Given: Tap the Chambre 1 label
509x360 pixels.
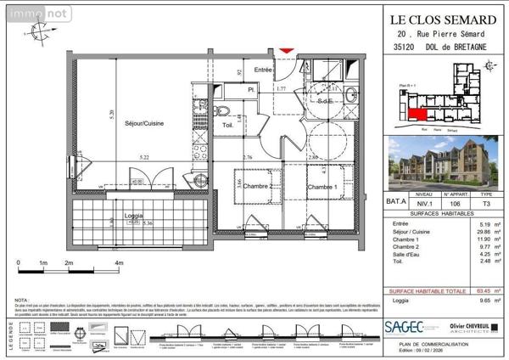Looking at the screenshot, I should click(323, 187).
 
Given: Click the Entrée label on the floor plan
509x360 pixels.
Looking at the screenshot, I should click(263, 71).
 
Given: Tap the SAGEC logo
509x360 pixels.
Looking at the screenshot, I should click(405, 326).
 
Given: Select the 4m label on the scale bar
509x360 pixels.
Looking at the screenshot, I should click(119, 264).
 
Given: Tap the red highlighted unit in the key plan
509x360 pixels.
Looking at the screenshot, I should click(416, 110).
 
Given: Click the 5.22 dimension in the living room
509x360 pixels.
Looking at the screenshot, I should click(120, 158).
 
